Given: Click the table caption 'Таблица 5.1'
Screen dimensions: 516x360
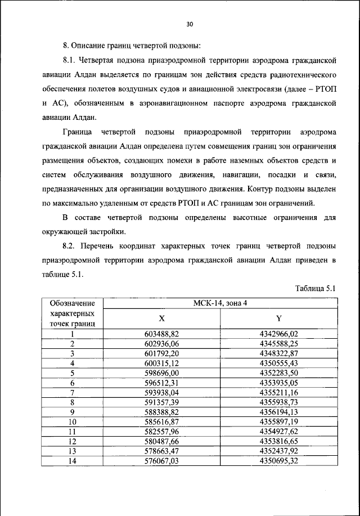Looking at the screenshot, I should pyautogui.click(x=316, y=288).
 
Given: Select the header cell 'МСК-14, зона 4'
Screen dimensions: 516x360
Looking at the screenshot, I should pyautogui.click(x=220, y=304).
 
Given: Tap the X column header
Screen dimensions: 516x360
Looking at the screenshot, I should pyautogui.click(x=162, y=318).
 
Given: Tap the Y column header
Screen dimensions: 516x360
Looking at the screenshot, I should pyautogui.click(x=279, y=318).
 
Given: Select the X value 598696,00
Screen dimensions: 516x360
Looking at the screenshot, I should pyautogui.click(x=162, y=373).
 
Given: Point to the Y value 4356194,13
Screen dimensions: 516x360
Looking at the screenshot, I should pyautogui.click(x=279, y=411).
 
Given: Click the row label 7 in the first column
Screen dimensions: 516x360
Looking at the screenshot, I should pyautogui.click(x=72, y=392).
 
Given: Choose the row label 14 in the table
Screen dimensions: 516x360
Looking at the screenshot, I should pyautogui.click(x=72, y=460).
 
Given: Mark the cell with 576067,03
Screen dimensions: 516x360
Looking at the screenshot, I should pyautogui.click(x=162, y=460).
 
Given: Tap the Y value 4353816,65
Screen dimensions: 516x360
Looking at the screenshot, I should pyautogui.click(x=279, y=441).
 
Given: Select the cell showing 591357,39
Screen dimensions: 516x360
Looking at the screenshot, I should pyautogui.click(x=162, y=402).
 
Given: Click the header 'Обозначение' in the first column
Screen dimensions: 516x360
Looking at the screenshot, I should pyautogui.click(x=72, y=304).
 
